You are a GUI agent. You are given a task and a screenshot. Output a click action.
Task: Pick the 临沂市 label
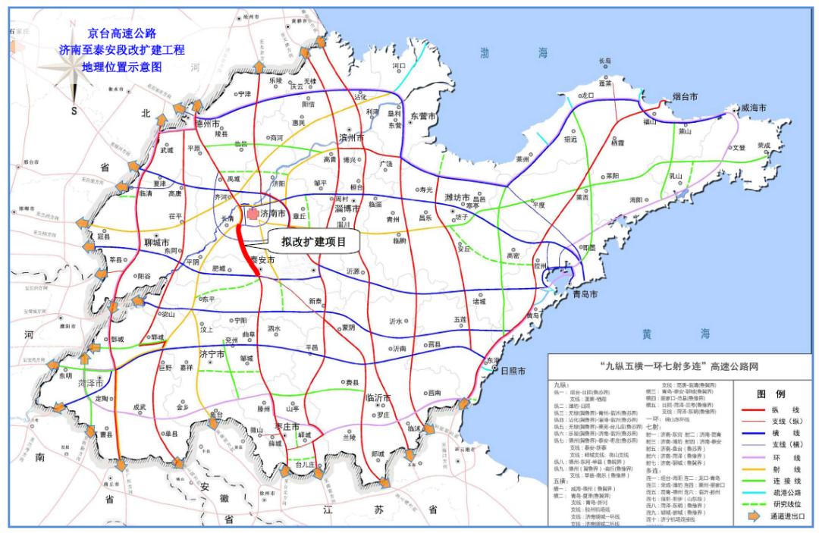tap(377, 397)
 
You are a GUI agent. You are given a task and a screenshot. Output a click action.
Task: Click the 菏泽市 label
tap(71, 384)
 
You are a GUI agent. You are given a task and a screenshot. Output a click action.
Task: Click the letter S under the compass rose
tap(74, 110)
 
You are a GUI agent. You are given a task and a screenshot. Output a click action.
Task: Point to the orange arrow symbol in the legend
tap(749, 518)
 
